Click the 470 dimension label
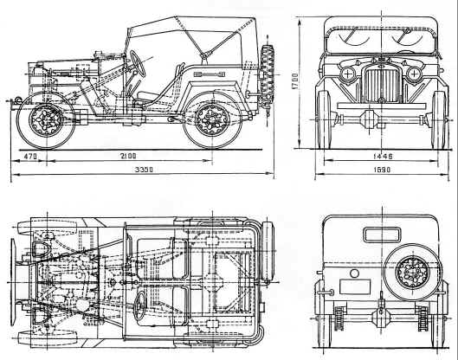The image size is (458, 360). pyautogui.click(x=30, y=157)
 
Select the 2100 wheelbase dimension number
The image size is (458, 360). pyautogui.click(x=128, y=156)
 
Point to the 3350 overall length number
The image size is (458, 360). pyautogui.click(x=144, y=170)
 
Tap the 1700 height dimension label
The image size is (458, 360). pyautogui.click(x=295, y=80)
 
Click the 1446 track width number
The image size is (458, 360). pyautogui.click(x=383, y=157)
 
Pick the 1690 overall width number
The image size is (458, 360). pyautogui.click(x=382, y=170)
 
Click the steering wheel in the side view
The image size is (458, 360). pyautogui.click(x=138, y=63)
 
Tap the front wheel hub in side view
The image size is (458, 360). pyautogui.click(x=46, y=119)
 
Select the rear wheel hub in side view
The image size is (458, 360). pyautogui.click(x=212, y=119)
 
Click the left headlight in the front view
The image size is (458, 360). pyautogui.click(x=348, y=74)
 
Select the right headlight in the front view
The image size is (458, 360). pyautogui.click(x=414, y=74)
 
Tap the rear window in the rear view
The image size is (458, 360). pyautogui.click(x=382, y=235)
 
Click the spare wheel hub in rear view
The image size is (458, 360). pyautogui.click(x=412, y=273)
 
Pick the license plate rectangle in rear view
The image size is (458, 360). pyautogui.click(x=355, y=286)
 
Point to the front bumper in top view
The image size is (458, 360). pyautogui.click(x=13, y=282)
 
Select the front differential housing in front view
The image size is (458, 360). pyautogui.click(x=369, y=119)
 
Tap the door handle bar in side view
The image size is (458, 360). pyautogui.click(x=210, y=74)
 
